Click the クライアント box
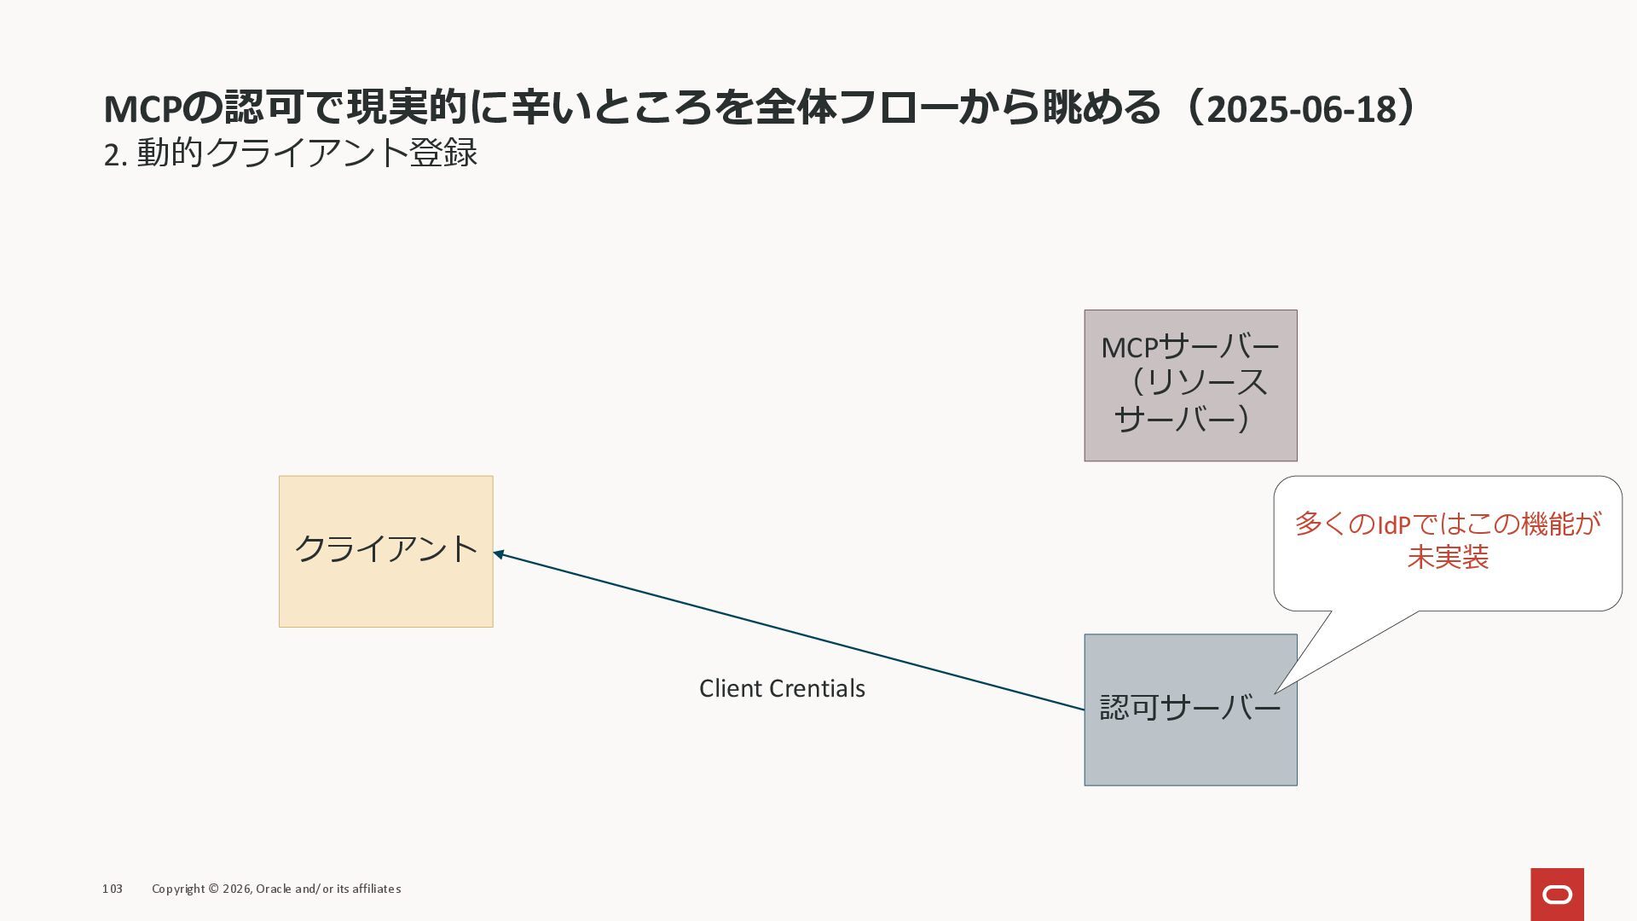tap(385, 551)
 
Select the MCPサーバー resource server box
tap(1190, 385)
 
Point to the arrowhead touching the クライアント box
tap(499, 554)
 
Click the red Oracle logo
tap(1557, 894)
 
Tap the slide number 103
tap(113, 889)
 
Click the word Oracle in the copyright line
tap(274, 889)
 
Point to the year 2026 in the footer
tap(236, 889)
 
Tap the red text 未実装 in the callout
tap(1448, 558)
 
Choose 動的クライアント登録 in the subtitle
tap(307, 153)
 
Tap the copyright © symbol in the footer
tap(213, 889)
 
